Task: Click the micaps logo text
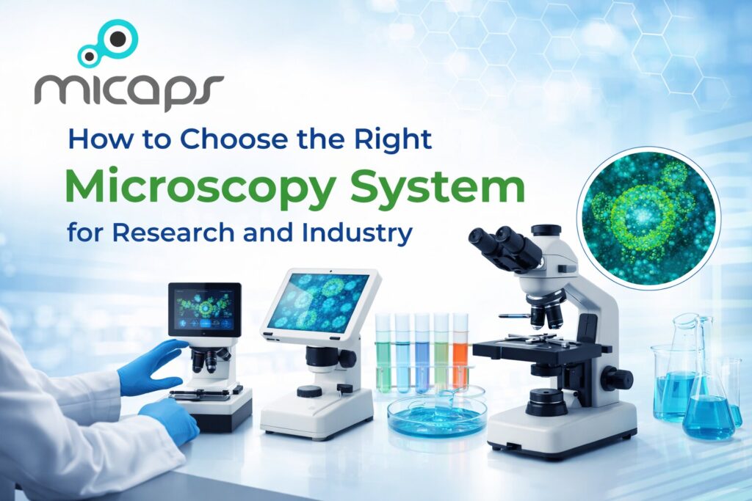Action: (x=129, y=89)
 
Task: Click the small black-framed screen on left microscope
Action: (x=204, y=309)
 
